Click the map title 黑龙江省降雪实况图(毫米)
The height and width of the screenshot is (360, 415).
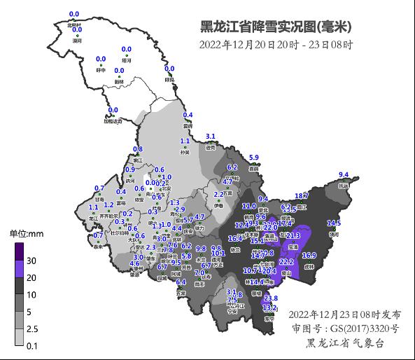276,27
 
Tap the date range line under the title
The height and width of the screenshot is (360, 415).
276,46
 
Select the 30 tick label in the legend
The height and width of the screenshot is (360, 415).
32,261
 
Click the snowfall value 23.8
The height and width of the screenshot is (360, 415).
271,298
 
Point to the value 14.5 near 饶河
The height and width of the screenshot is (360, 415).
334,223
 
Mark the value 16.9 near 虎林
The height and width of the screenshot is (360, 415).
309,255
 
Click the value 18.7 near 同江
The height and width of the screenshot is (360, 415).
302,196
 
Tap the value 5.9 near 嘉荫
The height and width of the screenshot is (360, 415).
254,157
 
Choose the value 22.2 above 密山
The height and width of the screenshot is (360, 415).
286,261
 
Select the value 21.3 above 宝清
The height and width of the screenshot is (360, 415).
293,236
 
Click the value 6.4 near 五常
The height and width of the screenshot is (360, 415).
181,282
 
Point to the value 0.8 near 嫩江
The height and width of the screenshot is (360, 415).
138,149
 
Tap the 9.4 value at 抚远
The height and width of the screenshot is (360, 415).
344,174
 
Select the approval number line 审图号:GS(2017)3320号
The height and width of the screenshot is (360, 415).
345,328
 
